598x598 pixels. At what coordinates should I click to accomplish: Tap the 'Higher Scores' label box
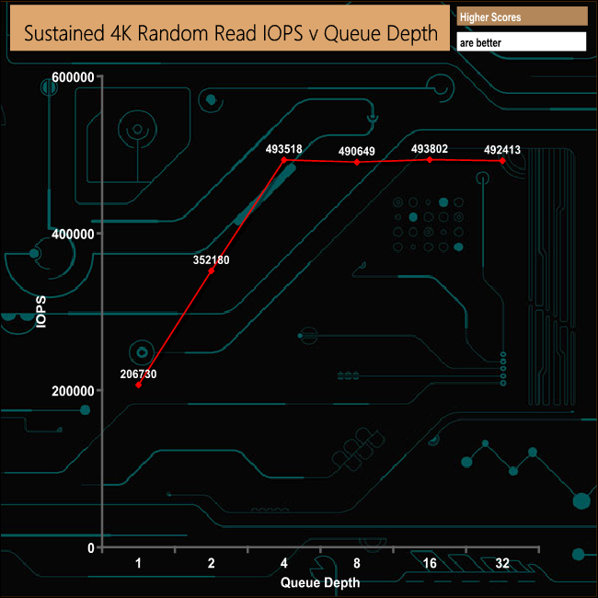point(521,17)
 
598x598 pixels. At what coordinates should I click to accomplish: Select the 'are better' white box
point(521,41)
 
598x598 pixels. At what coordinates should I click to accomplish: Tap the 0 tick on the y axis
point(90,547)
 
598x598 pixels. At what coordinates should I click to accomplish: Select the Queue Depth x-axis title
point(319,582)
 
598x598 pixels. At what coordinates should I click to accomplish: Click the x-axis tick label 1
point(139,563)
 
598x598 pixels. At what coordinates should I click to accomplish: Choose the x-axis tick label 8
point(356,563)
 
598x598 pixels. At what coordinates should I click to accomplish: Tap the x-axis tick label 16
point(429,563)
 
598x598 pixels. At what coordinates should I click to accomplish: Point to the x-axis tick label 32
point(502,563)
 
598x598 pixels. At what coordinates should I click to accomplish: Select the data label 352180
point(212,260)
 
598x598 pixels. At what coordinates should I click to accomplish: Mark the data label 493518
point(284,149)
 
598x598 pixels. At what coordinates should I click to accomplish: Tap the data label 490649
point(357,151)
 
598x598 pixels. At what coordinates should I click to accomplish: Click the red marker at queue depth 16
point(430,160)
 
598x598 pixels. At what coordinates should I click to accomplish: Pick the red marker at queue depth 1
point(139,385)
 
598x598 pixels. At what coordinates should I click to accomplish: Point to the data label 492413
point(502,150)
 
